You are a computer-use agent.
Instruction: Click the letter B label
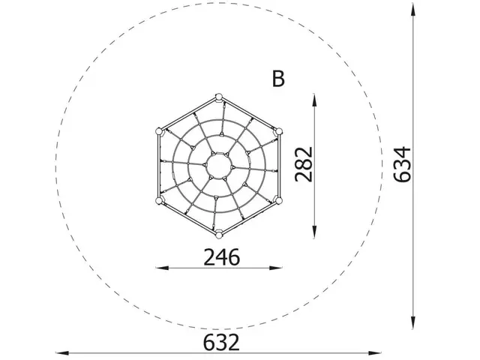point(278,79)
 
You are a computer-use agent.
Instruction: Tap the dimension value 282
point(303,164)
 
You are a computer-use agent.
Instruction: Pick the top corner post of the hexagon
point(218,97)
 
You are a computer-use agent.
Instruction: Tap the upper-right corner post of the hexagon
point(277,131)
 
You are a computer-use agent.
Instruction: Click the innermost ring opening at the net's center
point(218,163)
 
